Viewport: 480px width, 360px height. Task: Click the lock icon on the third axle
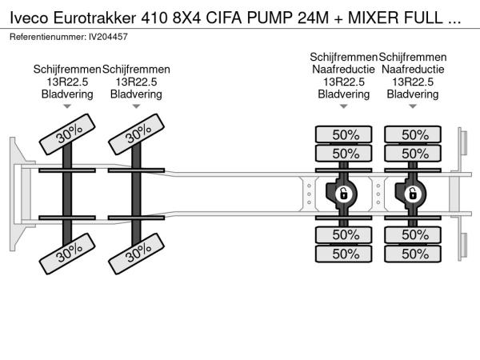tap(343, 194)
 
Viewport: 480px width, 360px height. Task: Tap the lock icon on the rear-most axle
tap(413, 194)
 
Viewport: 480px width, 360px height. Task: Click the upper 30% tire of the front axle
tap(69, 137)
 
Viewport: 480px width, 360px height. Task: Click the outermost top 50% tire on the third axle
tap(344, 134)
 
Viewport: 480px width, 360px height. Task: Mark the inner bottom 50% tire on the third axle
tap(344, 234)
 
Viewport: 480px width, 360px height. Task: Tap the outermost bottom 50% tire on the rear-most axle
tap(414, 254)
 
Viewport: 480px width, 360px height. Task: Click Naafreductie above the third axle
tap(344, 70)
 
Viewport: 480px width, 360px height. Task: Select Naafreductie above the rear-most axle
tap(413, 70)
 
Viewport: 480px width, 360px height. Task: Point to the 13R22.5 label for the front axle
tap(67, 82)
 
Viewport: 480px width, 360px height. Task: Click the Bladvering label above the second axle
tap(136, 94)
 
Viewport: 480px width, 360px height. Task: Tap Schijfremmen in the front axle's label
tap(67, 70)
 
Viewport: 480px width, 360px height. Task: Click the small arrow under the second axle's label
tap(136, 106)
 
